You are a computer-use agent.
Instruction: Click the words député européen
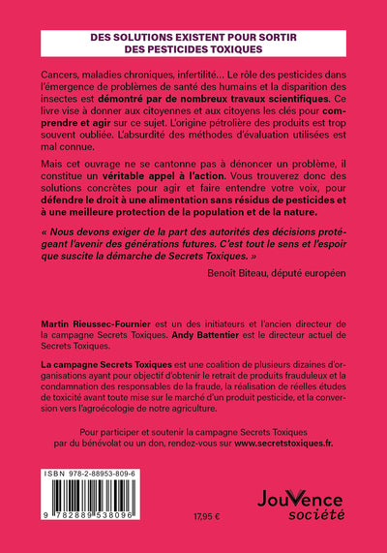click(304, 274)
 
